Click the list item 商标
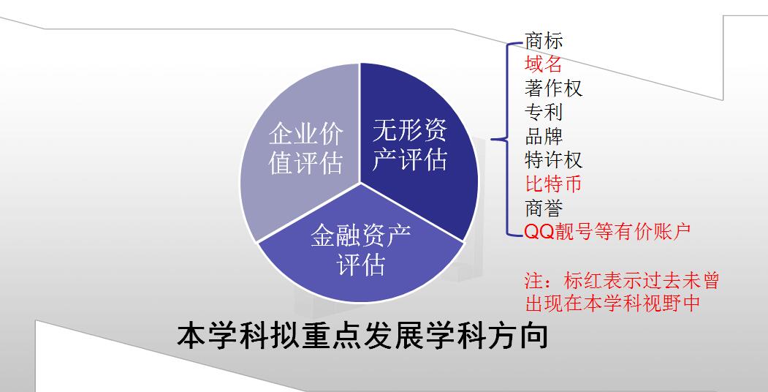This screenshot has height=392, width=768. pyautogui.click(x=544, y=41)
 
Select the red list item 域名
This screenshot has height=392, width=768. pyautogui.click(x=543, y=64)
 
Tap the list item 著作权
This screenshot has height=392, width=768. pyautogui.click(x=553, y=88)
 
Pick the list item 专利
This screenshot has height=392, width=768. pyautogui.click(x=543, y=112)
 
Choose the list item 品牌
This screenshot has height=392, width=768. pyautogui.click(x=544, y=136)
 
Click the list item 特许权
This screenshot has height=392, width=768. pyautogui.click(x=553, y=160)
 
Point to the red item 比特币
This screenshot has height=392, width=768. pyautogui.click(x=553, y=184)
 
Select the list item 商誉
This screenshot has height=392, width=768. pyautogui.click(x=544, y=208)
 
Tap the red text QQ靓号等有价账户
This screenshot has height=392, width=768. pyautogui.click(x=607, y=231)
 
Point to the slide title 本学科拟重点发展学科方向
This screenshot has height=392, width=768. pyautogui.click(x=362, y=335)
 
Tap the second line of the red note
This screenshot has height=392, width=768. pyautogui.click(x=613, y=303)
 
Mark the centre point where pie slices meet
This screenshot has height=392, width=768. pyautogui.click(x=360, y=183)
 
